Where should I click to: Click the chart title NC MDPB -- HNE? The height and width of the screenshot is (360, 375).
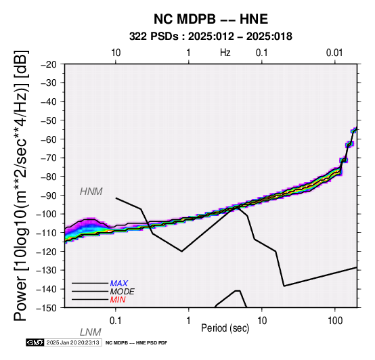coord(211,19)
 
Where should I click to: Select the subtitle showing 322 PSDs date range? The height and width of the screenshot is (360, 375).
coord(211,37)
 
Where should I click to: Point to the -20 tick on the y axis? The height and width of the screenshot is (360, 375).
coord(49,64)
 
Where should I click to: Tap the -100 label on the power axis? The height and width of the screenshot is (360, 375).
coord(46,214)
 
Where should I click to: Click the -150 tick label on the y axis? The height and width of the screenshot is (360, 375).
coord(46,308)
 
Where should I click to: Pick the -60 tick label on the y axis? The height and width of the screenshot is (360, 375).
coord(49,139)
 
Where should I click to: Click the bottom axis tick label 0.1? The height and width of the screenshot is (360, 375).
coord(116,321)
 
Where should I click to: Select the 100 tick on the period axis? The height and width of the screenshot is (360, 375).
coord(335,321)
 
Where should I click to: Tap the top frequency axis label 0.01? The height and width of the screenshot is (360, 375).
coord(334,53)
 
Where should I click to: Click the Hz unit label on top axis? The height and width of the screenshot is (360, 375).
coord(225,53)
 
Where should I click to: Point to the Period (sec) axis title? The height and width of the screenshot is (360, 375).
coord(225,328)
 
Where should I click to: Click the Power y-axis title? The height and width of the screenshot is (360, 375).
coord(21,185)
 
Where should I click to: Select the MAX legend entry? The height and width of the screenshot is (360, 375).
coord(119,284)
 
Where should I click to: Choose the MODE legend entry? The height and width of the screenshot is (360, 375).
coord(123,292)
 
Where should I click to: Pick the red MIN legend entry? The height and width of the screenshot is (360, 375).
coord(118,300)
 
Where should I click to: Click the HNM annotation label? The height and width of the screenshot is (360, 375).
coord(91,192)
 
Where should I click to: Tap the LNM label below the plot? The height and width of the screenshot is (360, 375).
coord(91,332)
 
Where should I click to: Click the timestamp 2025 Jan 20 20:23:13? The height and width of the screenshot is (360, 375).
coord(72,342)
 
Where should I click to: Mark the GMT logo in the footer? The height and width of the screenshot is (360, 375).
coord(35,342)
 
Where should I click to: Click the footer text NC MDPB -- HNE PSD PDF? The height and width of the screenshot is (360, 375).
coord(136,343)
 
